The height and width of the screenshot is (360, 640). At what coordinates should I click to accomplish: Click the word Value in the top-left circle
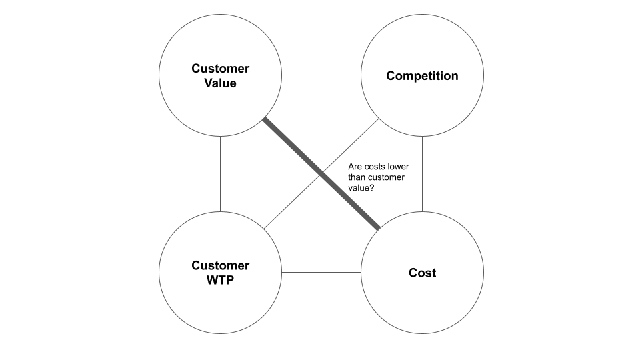[x=220, y=83]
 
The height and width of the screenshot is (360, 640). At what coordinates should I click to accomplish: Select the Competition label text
[x=422, y=75]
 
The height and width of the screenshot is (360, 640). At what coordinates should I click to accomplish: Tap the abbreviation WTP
[x=220, y=280]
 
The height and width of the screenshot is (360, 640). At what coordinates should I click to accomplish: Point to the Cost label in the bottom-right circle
[x=422, y=273]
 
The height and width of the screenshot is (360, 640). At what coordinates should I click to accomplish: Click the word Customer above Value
[x=220, y=68]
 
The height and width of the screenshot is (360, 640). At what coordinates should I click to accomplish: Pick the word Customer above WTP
[x=220, y=265]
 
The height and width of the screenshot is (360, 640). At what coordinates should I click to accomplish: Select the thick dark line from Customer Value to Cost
[x=293, y=148]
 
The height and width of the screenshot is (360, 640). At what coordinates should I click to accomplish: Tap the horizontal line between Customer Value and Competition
[x=321, y=75]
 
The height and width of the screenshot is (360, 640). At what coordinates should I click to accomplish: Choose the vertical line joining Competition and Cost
[x=422, y=173]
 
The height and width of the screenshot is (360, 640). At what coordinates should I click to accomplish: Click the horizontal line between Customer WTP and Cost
[x=321, y=273]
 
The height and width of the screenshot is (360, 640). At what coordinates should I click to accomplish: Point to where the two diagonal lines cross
[x=321, y=175]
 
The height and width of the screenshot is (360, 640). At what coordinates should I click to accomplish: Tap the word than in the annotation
[x=357, y=177]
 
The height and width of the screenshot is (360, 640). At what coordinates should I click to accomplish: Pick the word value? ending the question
[x=361, y=188]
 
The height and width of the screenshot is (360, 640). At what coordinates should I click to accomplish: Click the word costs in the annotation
[x=374, y=167]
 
